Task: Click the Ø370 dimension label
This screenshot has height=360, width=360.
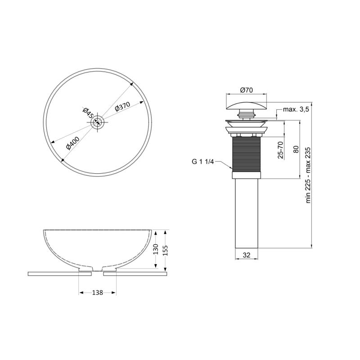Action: (122, 106)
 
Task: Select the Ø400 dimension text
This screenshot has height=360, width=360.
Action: (73, 143)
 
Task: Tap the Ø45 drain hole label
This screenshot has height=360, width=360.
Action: (87, 113)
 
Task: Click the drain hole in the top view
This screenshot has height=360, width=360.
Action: (98, 122)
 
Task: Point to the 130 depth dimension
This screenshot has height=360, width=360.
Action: (156, 249)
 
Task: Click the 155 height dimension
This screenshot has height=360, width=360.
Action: (165, 251)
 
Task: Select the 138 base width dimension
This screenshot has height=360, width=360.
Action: (98, 292)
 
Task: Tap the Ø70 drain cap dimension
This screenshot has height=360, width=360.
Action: (246, 90)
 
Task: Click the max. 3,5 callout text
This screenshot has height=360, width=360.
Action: (296, 109)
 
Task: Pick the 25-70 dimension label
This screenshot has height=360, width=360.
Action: (280, 150)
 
